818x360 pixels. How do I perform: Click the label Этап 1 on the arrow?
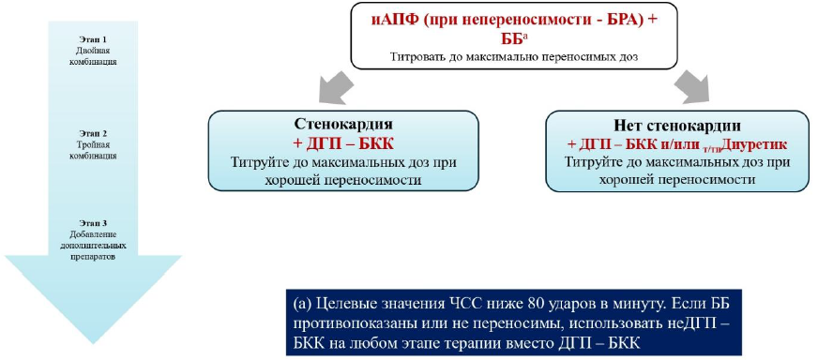coord(93,39)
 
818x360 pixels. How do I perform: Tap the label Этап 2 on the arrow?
coord(93,133)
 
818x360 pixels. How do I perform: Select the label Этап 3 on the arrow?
coord(93,223)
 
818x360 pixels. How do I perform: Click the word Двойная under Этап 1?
coord(93,51)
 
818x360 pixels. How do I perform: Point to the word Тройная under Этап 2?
coord(93,144)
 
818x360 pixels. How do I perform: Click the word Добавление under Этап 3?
coord(93,234)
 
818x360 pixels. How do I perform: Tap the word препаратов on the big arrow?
coord(93,257)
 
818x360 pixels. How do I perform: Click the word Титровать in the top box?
coord(416,57)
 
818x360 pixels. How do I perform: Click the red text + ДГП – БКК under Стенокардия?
coord(343,143)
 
